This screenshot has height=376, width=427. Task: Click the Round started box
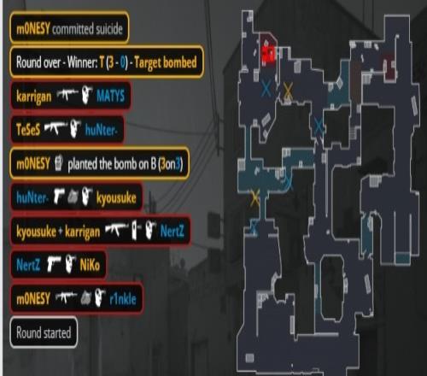[x=44, y=332]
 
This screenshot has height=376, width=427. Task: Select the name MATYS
[x=110, y=96]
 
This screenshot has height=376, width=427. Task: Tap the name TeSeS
[x=28, y=130]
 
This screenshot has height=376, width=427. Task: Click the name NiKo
[x=90, y=265]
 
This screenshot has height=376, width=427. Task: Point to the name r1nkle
[x=123, y=299]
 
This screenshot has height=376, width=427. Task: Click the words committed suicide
[x=87, y=29]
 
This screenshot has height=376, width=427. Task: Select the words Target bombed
[x=166, y=62]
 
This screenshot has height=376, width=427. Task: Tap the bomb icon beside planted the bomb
[x=58, y=163]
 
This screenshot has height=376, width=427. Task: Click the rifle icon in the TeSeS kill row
[x=56, y=128]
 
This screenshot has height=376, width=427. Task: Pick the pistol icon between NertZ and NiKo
[x=54, y=264]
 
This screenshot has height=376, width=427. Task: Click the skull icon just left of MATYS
[x=87, y=95]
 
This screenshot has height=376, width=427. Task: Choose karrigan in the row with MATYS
[x=34, y=97]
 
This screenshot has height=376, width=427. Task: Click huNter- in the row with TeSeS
[x=101, y=130]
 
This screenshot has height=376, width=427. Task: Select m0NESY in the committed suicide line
[x=33, y=29]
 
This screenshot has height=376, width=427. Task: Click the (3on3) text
[x=171, y=164]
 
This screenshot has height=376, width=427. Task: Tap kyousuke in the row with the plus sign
[x=36, y=232]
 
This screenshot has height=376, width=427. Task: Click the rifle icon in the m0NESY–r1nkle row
[x=67, y=297]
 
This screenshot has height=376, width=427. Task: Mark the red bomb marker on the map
[x=268, y=54]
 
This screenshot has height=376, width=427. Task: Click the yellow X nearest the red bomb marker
[x=288, y=91]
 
